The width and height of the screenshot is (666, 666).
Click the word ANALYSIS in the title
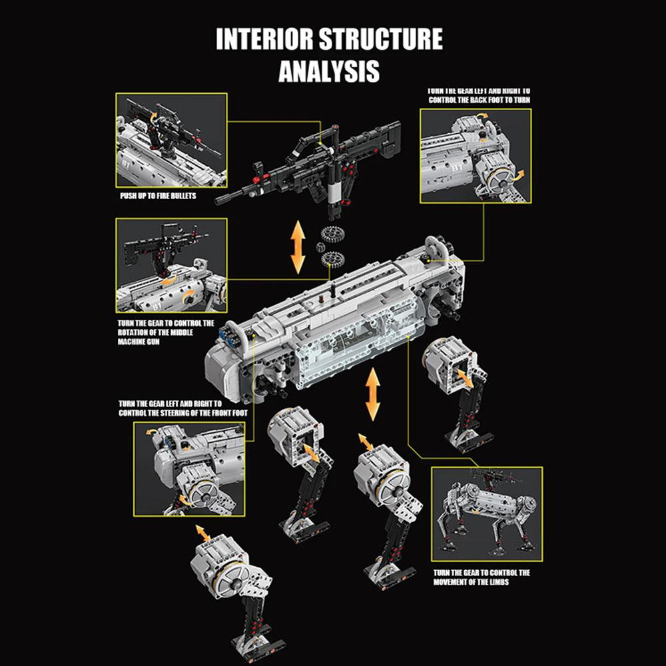pyautogui.click(x=329, y=69)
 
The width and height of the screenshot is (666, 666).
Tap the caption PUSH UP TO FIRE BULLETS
pyautogui.click(x=158, y=197)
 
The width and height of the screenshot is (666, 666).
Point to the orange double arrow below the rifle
pyautogui.click(x=298, y=248)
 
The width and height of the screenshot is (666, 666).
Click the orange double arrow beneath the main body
pyautogui.click(x=372, y=394)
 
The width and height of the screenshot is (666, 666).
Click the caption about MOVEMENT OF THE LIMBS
pyautogui.click(x=482, y=577)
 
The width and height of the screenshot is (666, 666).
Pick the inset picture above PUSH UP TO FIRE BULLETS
pyautogui.click(x=171, y=141)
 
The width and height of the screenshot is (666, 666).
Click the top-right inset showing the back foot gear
pyautogui.click(x=476, y=155)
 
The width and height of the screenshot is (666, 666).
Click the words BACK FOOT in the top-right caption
pyautogui.click(x=492, y=101)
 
